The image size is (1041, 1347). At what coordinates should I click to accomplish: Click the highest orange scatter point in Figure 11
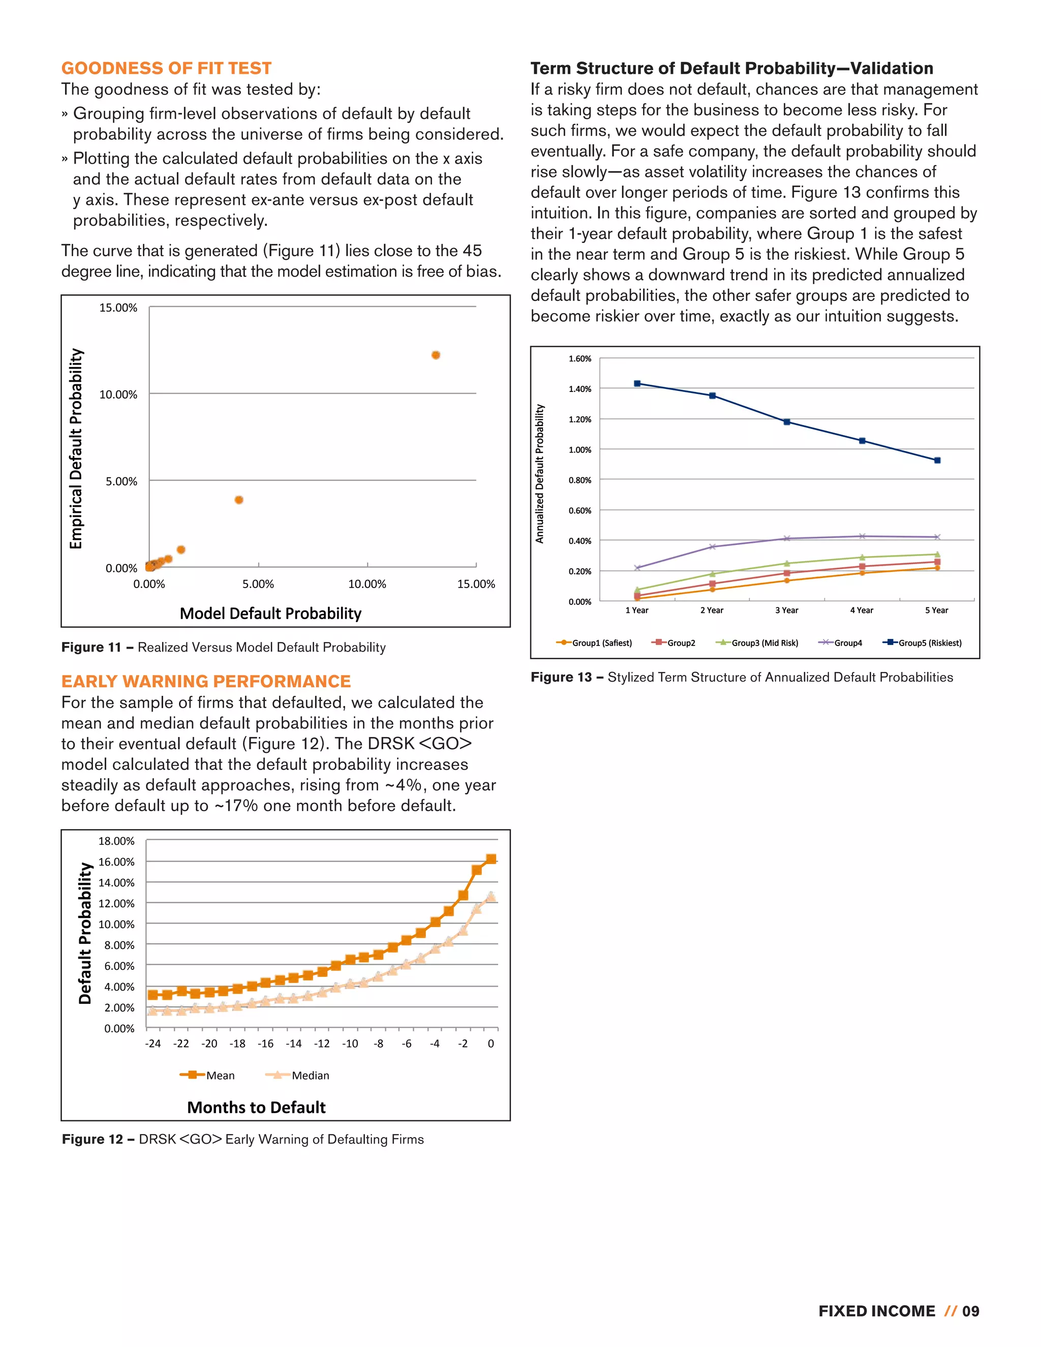coord(436,355)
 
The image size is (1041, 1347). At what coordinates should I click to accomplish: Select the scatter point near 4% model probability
coord(239,500)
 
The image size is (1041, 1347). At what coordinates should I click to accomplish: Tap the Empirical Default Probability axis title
coord(76,448)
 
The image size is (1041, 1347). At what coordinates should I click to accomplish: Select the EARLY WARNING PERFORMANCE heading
coord(205,681)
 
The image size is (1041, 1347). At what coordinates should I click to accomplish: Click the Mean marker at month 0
coord(491,859)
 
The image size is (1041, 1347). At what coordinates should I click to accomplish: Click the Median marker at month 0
coord(491,896)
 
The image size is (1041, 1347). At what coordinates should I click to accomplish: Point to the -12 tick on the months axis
coord(321,1044)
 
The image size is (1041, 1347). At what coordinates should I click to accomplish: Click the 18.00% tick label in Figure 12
coord(116,841)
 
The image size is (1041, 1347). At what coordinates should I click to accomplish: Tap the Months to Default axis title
coord(256,1107)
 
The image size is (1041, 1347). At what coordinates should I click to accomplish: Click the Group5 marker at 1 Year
coord(637,384)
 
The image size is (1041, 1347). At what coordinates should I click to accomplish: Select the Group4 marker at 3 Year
coord(787,538)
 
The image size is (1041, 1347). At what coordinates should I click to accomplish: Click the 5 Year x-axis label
coord(936,610)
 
